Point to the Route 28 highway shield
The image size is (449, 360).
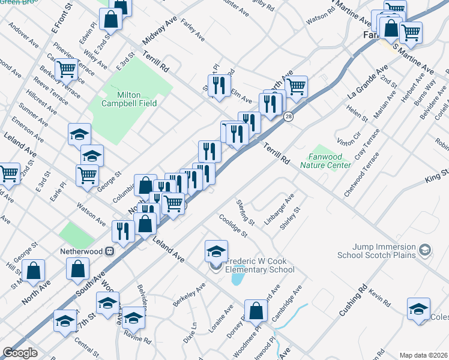[x=288, y=118]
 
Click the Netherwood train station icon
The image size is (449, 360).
[x=110, y=251]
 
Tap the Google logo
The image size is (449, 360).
[x=20, y=353]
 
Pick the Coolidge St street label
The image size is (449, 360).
[x=233, y=226]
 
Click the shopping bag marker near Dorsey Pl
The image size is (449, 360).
[x=256, y=311]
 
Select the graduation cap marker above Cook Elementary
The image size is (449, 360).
[x=216, y=251]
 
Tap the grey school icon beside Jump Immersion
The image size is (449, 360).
[x=425, y=249]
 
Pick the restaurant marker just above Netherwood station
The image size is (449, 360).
[x=123, y=231]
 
